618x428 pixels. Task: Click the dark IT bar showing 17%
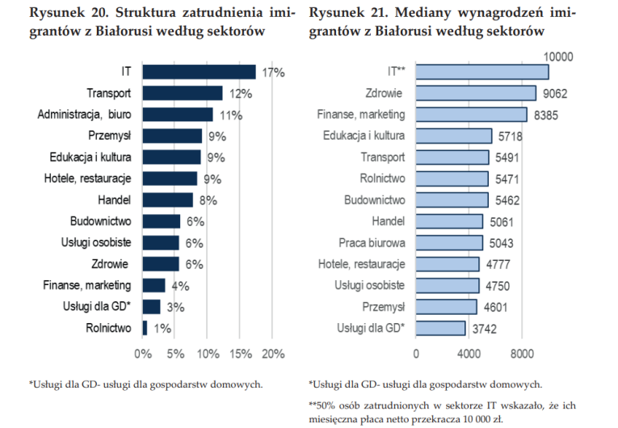tap(199, 72)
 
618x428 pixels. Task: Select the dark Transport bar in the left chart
tap(183, 94)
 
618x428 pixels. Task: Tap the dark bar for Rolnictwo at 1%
tap(145, 328)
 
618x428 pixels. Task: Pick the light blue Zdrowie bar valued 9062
tap(476, 94)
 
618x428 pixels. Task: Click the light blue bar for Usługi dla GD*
tap(440, 328)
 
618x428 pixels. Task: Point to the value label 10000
tap(558, 57)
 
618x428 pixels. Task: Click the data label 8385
tap(546, 115)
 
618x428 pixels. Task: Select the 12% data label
tap(241, 94)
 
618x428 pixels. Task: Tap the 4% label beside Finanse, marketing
tap(180, 286)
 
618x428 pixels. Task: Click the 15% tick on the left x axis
tap(241, 354)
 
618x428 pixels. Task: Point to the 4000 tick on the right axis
tap(469, 354)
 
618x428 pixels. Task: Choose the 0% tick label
tap(143, 354)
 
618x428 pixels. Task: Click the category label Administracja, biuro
tap(84, 115)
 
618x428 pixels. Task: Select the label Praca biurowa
tap(372, 243)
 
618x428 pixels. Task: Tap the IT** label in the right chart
tap(396, 71)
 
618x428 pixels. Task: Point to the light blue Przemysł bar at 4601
tap(446, 307)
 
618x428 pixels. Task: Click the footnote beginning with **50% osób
tap(442, 412)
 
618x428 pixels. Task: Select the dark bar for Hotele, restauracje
tap(170, 178)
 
